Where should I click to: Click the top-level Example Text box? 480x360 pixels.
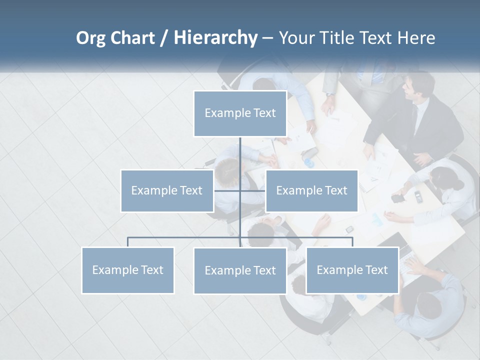240,113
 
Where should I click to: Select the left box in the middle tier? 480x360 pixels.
167,190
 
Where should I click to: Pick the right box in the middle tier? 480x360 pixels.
311,190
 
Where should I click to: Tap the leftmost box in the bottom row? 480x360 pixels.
128,270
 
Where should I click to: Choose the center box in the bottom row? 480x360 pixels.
240,270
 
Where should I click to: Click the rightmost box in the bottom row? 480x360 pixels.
352,270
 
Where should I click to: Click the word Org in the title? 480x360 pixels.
91,37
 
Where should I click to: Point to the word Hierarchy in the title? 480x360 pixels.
215,37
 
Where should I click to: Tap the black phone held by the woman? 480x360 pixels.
398,198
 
